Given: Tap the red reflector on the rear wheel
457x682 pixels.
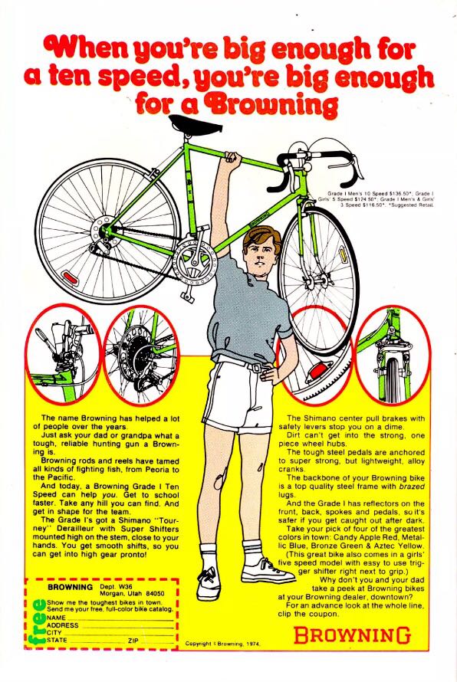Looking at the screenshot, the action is point(70,277).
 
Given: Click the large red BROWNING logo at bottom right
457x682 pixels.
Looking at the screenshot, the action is point(352,635).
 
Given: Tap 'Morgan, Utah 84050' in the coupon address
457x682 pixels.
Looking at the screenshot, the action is point(132,593).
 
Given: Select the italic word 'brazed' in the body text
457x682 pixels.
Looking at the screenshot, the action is point(412,487).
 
